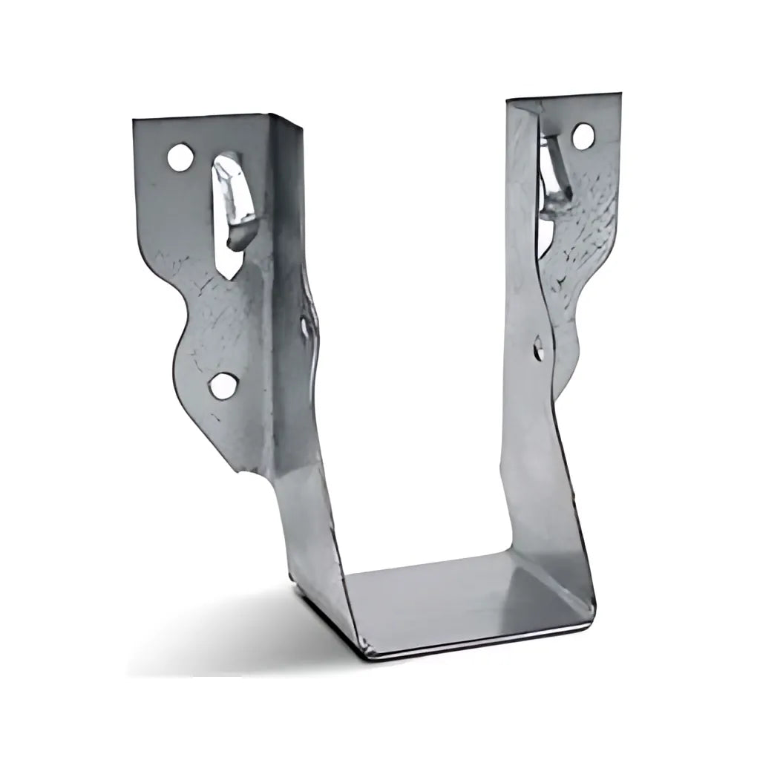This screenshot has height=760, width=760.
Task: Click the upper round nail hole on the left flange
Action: pyautogui.click(x=178, y=157)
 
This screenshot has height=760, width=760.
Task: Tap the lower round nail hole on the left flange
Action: pyautogui.click(x=221, y=384)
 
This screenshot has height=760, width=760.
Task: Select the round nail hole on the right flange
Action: pyautogui.click(x=583, y=136)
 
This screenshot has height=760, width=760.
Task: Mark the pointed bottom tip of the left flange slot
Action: pyautogui.click(x=235, y=276)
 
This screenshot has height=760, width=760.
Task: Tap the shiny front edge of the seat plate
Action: pyautogui.click(x=482, y=643)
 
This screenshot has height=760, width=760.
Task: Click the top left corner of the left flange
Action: pyautogui.click(x=135, y=120)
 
